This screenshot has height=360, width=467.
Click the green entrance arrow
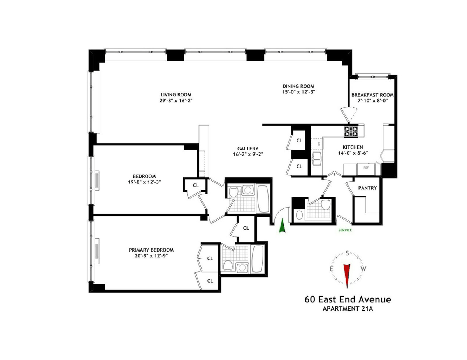pos(283,225)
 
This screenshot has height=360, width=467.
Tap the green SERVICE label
pos(345,230)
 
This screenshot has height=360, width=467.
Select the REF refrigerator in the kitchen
pos(366,170)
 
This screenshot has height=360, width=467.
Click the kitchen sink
pos(316,159)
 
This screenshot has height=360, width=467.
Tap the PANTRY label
pos(367,188)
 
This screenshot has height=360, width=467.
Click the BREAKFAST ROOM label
pos(372,95)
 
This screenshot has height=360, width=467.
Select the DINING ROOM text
pos(298,86)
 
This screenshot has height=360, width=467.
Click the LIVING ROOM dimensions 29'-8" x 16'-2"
pos(176,101)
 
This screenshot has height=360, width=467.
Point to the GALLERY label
pos(248,149)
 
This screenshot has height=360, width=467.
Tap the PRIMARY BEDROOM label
pos(151,250)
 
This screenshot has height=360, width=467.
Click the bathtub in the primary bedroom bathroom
pos(258,259)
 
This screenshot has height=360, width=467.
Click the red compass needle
pos(347,276)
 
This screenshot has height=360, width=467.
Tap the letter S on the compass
pos(347,254)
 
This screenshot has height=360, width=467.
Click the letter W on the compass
pos(363,269)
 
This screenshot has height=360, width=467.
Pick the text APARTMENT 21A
pos(348,309)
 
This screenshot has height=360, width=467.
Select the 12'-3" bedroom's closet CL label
pos(196,185)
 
